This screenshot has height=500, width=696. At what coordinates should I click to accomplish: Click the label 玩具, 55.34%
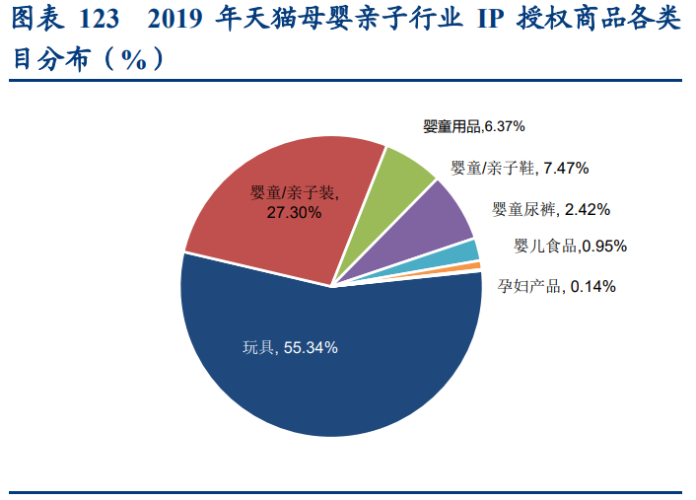pos(291,347)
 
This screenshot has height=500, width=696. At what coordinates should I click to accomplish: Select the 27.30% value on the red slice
pos(294,211)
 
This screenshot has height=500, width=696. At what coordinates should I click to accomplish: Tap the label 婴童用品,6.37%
pos(473,126)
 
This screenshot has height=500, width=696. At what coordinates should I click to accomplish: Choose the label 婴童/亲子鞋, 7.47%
pos(520,168)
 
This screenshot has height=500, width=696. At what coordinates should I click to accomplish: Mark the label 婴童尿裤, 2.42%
pos(551,209)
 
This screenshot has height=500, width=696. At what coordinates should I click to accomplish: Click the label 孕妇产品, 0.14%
pos(556,286)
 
